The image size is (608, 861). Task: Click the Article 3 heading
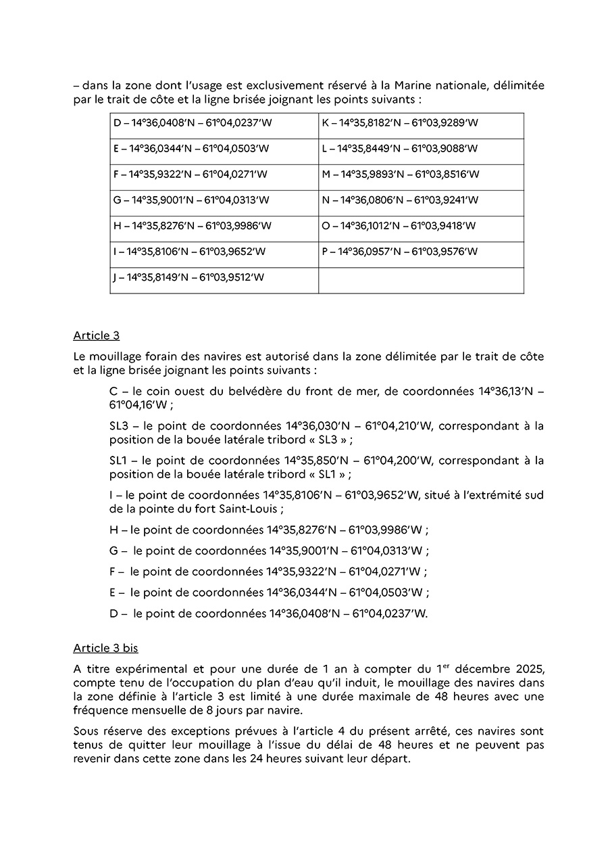point(96,336)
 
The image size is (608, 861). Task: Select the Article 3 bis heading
point(105,648)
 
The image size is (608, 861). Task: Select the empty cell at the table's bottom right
point(421,281)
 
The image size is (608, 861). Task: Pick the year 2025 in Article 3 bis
point(524,669)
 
